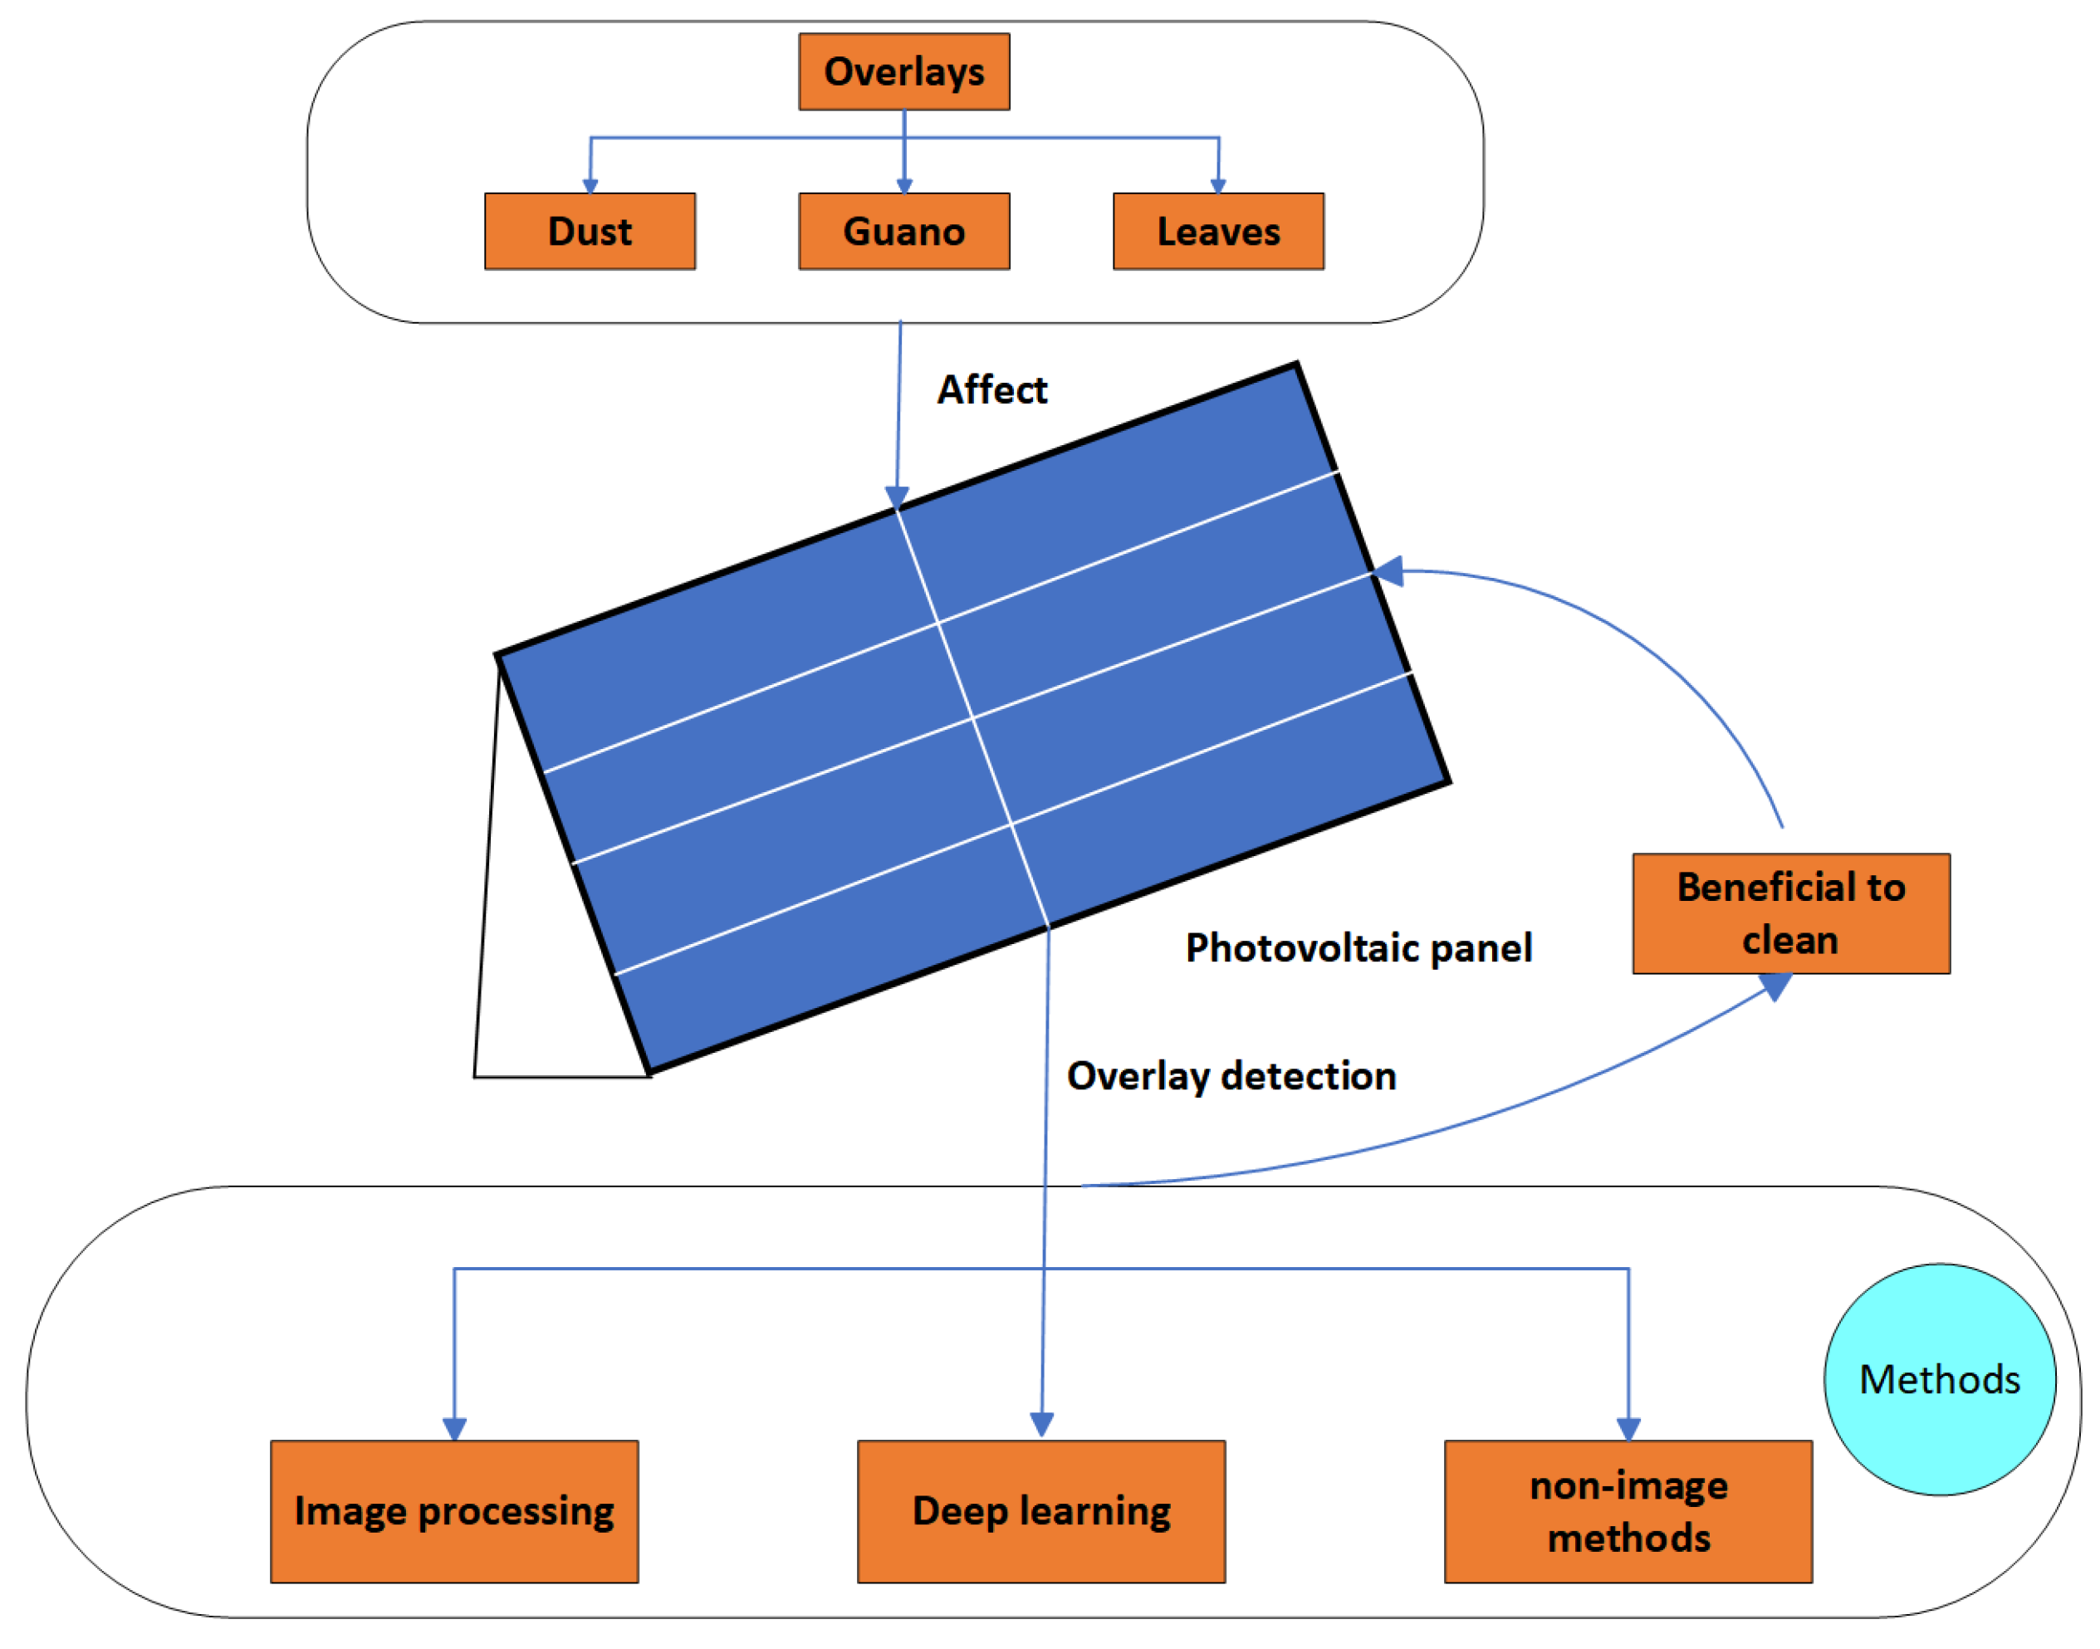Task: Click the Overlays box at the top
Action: [x=903, y=71]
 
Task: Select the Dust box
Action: [x=589, y=231]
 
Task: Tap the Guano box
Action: [x=903, y=231]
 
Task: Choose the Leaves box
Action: [x=1217, y=231]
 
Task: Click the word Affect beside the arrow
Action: [x=991, y=390]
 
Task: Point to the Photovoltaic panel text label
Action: [x=1358, y=947]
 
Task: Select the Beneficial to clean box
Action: [x=1790, y=913]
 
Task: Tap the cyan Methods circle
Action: [x=1939, y=1380]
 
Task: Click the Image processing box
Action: [x=453, y=1511]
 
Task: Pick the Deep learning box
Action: [x=1040, y=1511]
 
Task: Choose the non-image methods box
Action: [x=1628, y=1511]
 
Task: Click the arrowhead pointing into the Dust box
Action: [x=590, y=185]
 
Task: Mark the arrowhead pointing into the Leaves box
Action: [x=1217, y=185]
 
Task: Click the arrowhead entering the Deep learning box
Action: [x=1040, y=1424]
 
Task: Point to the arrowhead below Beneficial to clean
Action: [x=1774, y=986]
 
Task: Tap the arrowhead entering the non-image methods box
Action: [x=1628, y=1428]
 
